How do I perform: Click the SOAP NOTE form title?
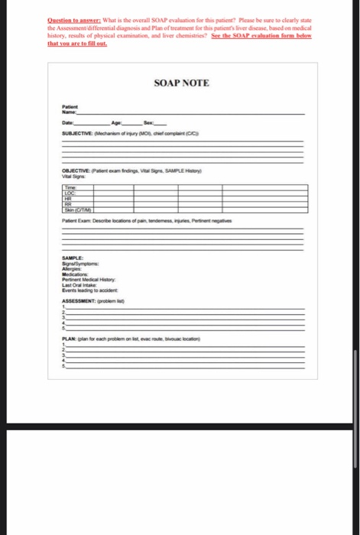pyautogui.click(x=181, y=82)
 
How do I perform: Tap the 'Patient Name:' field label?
pyautogui.click(x=70, y=110)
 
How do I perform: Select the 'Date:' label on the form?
pyautogui.click(x=69, y=123)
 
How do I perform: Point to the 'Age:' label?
pyautogui.click(x=116, y=123)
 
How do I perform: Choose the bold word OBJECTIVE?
pyautogui.click(x=76, y=172)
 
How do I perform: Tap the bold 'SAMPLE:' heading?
pyautogui.click(x=73, y=258)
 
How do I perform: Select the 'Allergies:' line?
pyautogui.click(x=73, y=268)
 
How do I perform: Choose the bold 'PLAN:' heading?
pyautogui.click(x=70, y=339)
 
